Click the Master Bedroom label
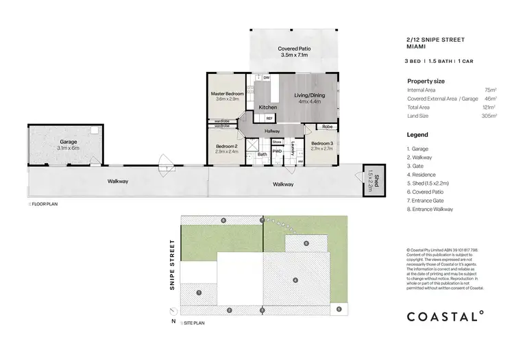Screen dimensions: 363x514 [x=227, y=93]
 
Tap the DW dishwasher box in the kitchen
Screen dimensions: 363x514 [x=266, y=78]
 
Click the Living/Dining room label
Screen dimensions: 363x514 [x=310, y=95]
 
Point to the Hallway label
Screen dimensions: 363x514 [x=273, y=131]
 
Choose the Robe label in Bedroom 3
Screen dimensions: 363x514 [x=328, y=127]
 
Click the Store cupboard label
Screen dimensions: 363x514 [x=276, y=142]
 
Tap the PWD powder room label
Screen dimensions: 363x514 [x=278, y=151]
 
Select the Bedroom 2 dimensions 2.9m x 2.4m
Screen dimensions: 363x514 [x=226, y=152]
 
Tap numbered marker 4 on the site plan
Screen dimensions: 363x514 [x=295, y=280]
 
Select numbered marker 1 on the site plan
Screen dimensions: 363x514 [x=198, y=292]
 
